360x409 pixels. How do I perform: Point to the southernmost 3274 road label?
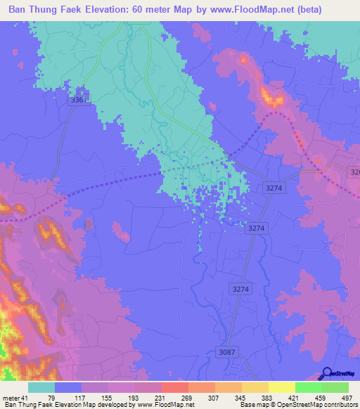coord(240,289)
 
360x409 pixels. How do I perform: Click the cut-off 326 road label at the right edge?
coord(354,172)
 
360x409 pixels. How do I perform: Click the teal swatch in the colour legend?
coord(41,388)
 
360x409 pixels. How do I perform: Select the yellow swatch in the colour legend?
coord(282,388)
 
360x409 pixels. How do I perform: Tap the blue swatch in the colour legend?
coord(68,388)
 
